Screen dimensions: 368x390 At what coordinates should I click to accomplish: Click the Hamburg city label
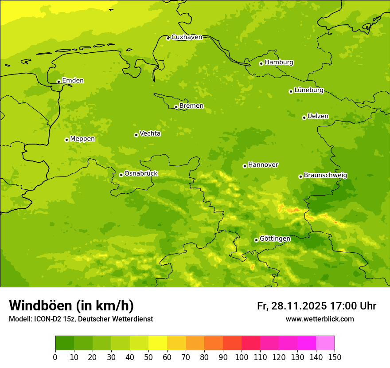pos(279,63)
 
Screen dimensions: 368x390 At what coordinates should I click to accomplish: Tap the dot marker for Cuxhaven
pos(168,38)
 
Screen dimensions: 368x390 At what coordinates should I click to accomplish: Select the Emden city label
pos(73,81)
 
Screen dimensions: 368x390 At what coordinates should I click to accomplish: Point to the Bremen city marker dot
pos(176,107)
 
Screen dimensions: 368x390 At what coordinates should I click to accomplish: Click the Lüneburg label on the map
pos(308,90)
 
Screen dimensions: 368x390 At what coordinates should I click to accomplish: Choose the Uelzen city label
pos(318,117)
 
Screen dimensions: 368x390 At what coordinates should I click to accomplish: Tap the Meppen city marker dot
pos(66,140)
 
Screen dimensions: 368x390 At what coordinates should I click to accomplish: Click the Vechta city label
pos(150,133)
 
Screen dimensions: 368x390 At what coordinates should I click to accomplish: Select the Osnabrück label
pos(141,174)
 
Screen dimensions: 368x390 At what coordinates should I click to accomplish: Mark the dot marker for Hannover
pos(245,166)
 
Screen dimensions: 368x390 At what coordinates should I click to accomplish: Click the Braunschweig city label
pos(325,176)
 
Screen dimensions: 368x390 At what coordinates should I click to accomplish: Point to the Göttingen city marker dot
pos(256,240)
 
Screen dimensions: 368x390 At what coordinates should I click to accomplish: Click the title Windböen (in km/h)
pos(71,305)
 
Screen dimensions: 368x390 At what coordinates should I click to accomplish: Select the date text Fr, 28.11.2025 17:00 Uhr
pos(316,306)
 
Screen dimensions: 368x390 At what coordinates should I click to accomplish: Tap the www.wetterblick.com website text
pos(320,319)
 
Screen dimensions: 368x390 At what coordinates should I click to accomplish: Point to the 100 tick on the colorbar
pos(242,357)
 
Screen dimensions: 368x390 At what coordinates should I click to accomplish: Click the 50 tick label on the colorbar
pos(148,357)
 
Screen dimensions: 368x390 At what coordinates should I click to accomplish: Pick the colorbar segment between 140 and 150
pos(325,343)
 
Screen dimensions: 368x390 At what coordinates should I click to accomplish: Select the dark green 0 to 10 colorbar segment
pos(65,343)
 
